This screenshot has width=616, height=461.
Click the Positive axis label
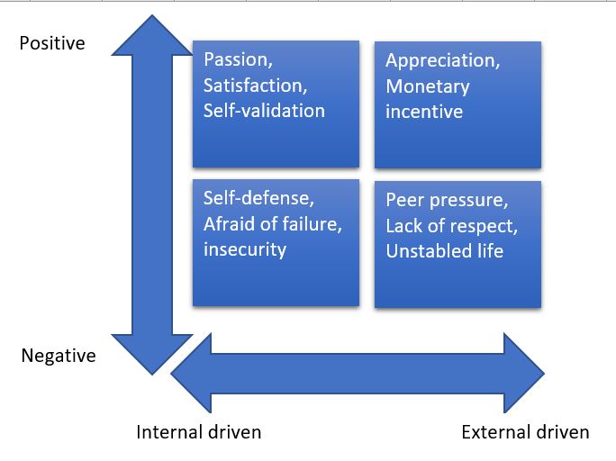pos(52,43)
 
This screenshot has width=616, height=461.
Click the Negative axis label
pos(59,356)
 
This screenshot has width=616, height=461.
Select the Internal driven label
pos(199,432)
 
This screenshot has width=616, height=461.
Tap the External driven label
pos(525,432)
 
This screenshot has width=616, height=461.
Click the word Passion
pos(236,59)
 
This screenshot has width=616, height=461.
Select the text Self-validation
pos(265,111)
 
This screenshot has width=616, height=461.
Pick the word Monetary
pos(428,87)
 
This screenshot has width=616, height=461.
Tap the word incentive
pos(424,112)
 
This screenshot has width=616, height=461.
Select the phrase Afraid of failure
pos(271,224)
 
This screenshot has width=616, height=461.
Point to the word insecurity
pos(245,249)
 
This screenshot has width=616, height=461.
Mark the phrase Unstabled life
pos(445,251)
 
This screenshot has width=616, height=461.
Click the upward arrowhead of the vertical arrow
pos(152,35)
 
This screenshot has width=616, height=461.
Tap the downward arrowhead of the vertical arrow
pos(152,355)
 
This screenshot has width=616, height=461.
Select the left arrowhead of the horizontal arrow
pos(191,373)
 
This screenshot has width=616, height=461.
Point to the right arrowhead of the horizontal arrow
pos(524,373)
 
